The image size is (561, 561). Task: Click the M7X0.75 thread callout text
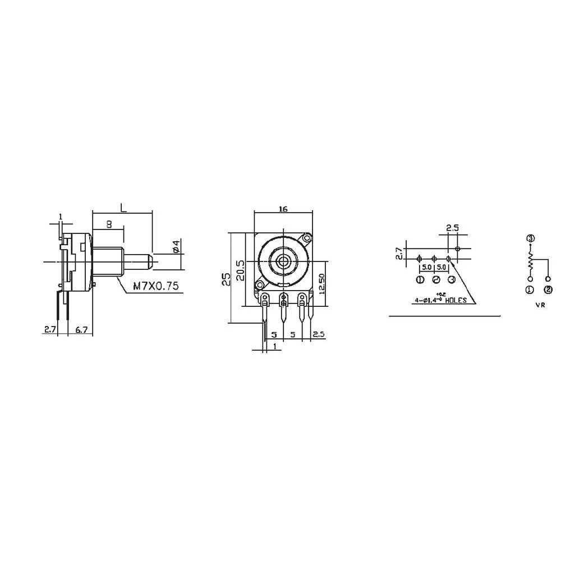[x=155, y=286]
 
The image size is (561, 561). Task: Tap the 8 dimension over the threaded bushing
[x=108, y=224]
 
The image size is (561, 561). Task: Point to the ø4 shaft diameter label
[x=176, y=246]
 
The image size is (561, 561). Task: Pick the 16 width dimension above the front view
[x=283, y=209]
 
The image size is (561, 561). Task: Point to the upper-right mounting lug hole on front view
[x=306, y=240]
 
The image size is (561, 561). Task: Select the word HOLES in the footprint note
[x=456, y=300]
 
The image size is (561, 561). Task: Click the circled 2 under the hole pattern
[x=436, y=280]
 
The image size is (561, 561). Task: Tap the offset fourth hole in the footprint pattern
[x=458, y=248]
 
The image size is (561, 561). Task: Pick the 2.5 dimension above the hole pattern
[x=452, y=228]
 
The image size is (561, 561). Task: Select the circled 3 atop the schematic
[x=531, y=238]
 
